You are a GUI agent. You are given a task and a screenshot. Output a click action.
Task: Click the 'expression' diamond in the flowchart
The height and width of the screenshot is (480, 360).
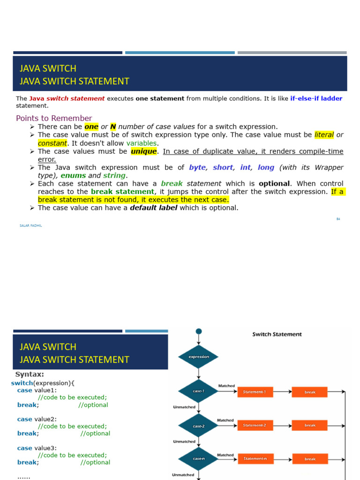199,357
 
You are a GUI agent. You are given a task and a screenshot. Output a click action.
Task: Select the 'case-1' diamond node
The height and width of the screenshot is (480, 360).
199,391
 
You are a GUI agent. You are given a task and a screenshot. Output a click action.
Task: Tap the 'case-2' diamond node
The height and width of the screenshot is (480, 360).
199,426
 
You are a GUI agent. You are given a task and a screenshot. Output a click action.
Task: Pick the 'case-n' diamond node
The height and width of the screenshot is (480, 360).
199,459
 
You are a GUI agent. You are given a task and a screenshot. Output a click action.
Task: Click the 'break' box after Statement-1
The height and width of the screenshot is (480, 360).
310,392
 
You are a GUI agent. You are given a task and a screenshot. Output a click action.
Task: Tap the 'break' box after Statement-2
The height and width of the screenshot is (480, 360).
310,425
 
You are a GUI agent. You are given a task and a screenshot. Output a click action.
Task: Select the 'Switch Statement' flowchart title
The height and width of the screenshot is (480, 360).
277,334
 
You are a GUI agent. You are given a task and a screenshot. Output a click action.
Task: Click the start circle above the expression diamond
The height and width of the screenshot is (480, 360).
199,331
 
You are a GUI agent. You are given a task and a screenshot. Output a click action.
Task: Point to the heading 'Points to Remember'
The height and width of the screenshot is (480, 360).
54,118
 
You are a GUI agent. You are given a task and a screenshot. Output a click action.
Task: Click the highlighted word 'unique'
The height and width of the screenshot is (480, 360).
144,151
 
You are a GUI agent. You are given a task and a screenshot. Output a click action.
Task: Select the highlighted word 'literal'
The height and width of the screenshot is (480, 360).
324,135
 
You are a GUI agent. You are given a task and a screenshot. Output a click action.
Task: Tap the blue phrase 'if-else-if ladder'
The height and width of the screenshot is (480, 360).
316,98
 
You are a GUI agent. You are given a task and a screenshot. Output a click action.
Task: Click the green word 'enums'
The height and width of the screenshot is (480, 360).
73,175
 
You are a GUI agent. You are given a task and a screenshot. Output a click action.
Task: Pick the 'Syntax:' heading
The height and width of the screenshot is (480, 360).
30,374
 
